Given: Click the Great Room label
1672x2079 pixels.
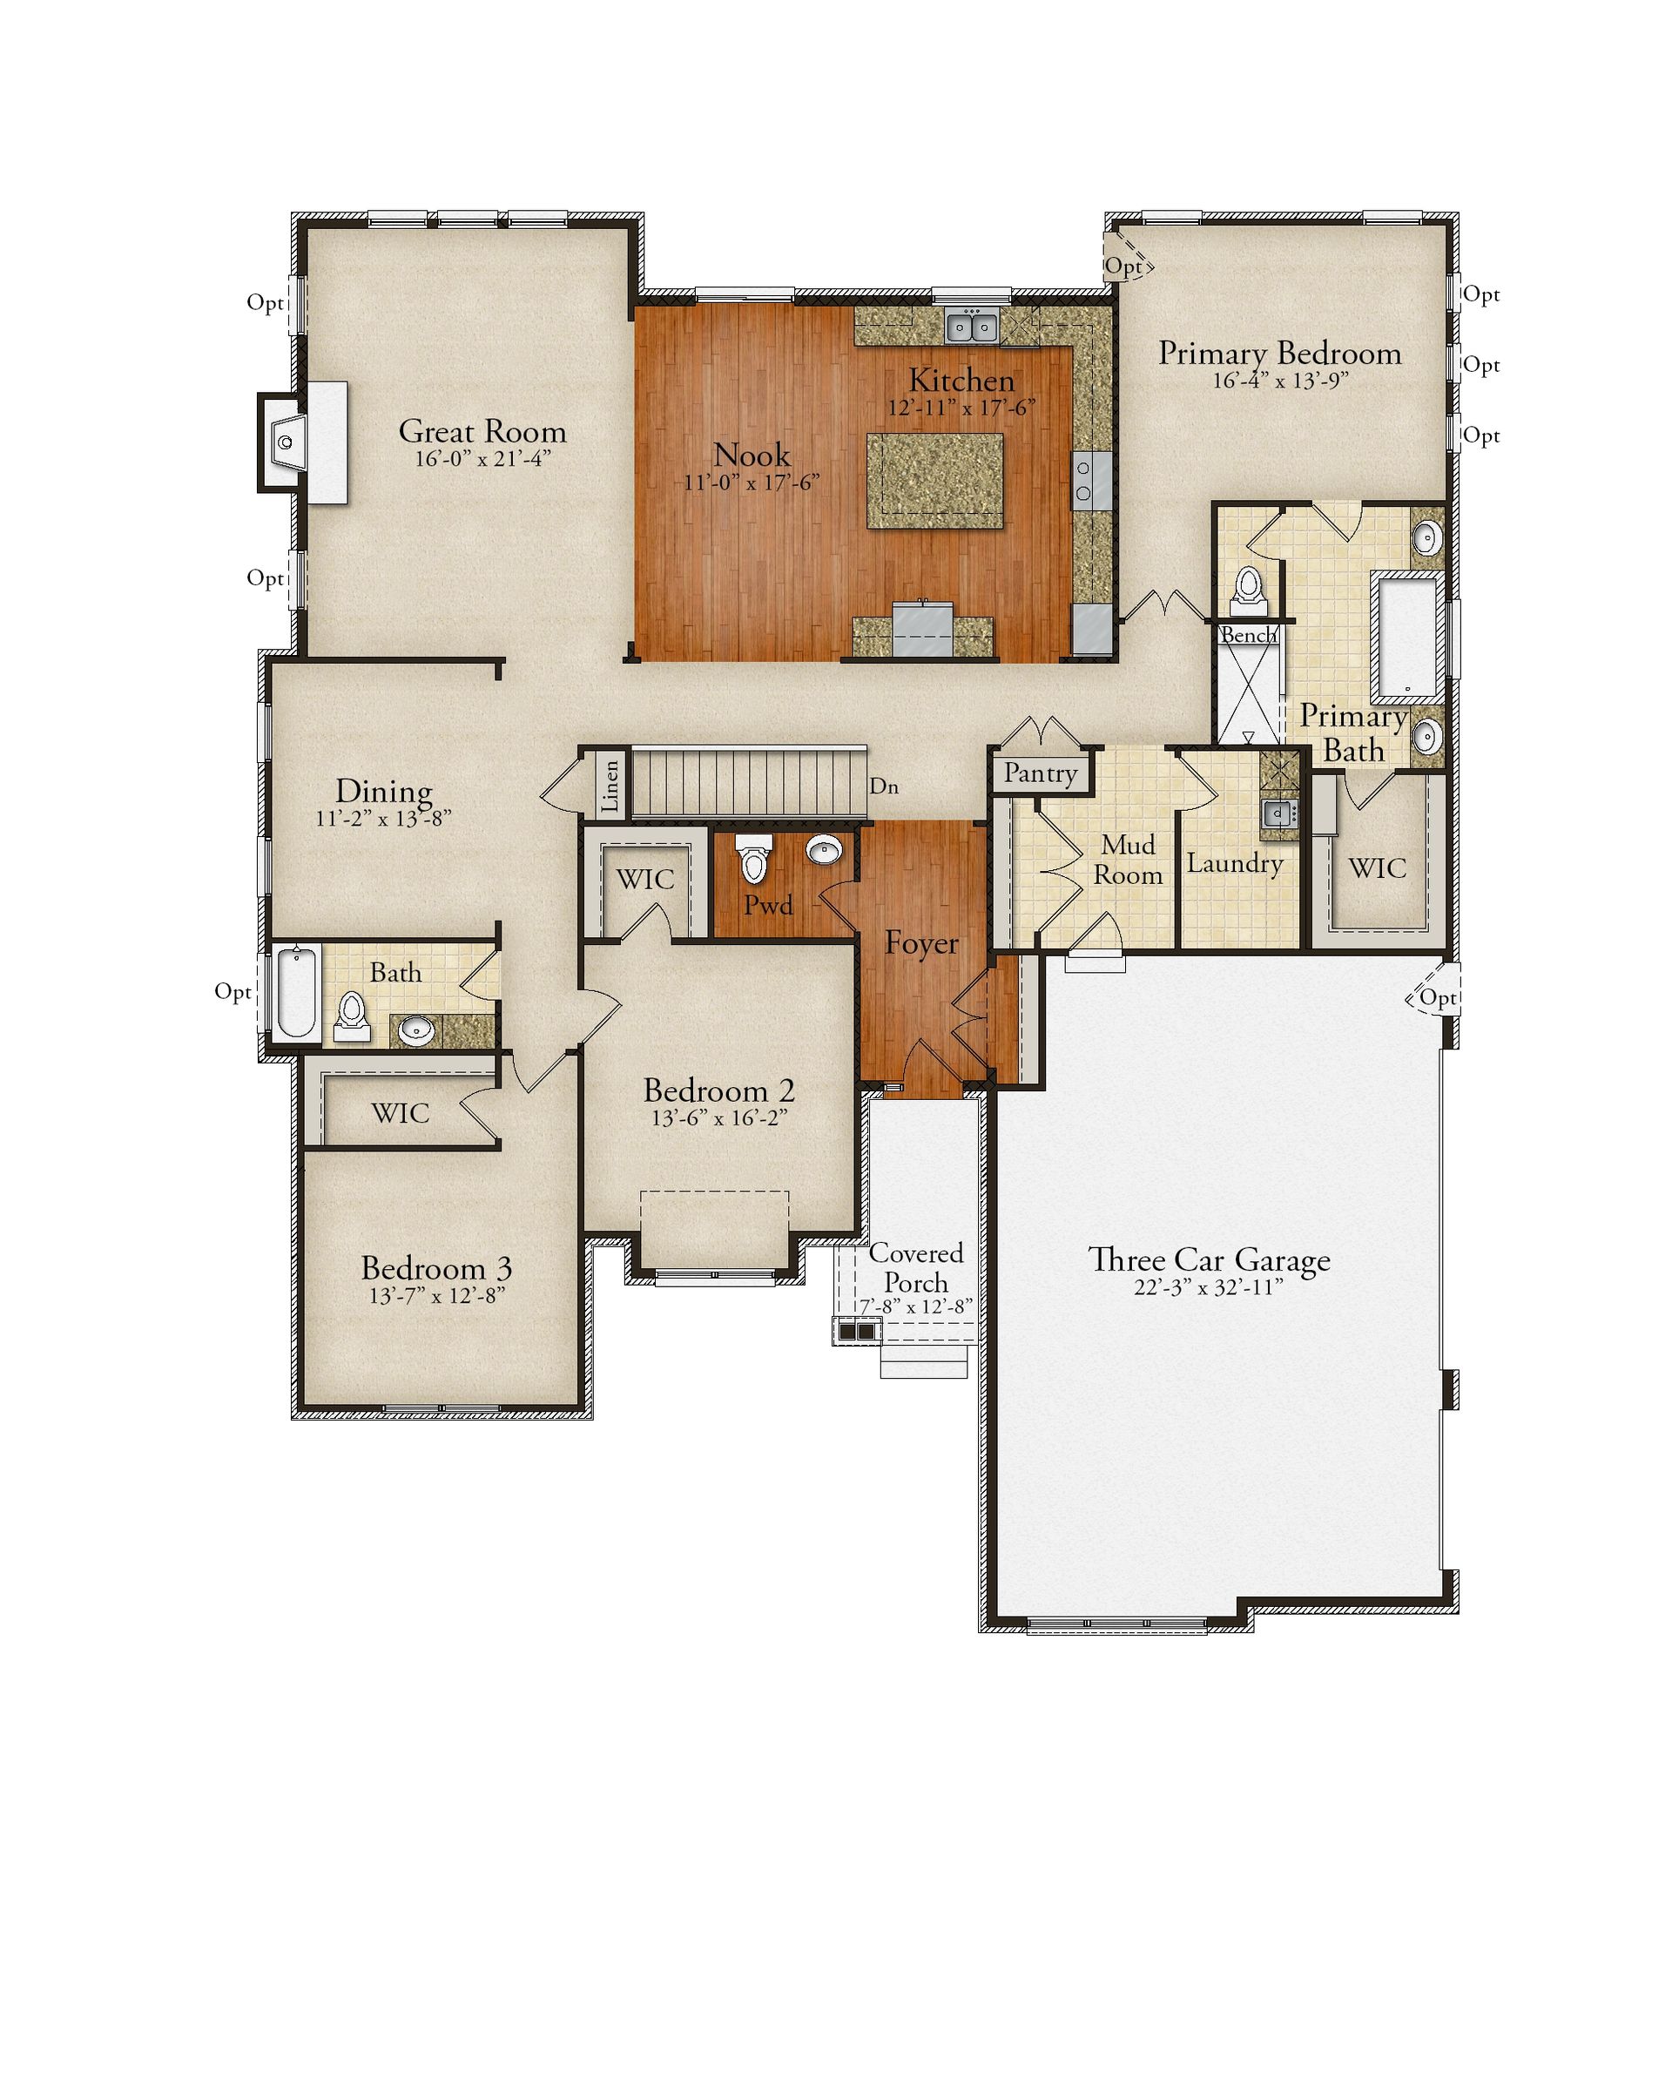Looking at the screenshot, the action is click(482, 431).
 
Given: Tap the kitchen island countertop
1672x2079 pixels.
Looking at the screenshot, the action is click(934, 480).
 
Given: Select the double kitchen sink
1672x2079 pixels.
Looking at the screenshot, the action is click(971, 327).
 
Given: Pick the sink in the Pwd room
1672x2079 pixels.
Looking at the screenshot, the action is click(825, 849).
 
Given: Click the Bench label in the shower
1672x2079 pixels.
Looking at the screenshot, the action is click(1248, 634).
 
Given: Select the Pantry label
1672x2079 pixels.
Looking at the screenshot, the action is click(1041, 773).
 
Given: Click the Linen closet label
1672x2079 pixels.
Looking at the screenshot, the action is click(610, 786).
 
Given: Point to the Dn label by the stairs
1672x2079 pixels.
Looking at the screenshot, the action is click(883, 786).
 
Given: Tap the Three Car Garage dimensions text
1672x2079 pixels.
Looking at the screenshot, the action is click(1208, 1287).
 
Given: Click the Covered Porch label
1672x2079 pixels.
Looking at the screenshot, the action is click(916, 1267).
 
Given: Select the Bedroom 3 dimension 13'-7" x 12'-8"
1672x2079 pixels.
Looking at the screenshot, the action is click(437, 1295).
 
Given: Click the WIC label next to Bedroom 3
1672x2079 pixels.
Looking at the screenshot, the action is click(401, 1113).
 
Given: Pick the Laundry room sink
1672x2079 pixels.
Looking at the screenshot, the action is click(1278, 813).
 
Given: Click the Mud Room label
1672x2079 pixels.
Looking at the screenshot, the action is click(1129, 859).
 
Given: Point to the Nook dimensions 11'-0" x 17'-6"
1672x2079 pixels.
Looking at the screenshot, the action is click(752, 483).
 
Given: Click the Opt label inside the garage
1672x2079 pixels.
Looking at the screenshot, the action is click(1437, 997).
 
